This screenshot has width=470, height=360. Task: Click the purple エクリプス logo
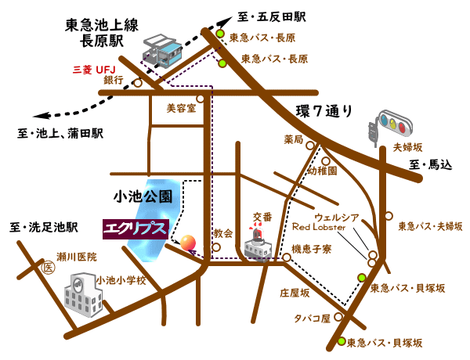[136, 228]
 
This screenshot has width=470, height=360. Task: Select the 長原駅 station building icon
[165, 51]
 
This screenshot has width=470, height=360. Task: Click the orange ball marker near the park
[189, 242]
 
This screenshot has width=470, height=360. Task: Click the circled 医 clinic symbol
[46, 268]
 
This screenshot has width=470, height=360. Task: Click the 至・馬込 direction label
[431, 165]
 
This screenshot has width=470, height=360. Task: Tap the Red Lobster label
[324, 227]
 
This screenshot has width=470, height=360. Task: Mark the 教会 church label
[223, 232]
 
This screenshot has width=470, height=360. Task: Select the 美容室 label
[181, 110]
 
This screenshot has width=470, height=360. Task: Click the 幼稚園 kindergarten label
[321, 171]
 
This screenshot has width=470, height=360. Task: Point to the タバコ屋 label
[312, 319]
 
